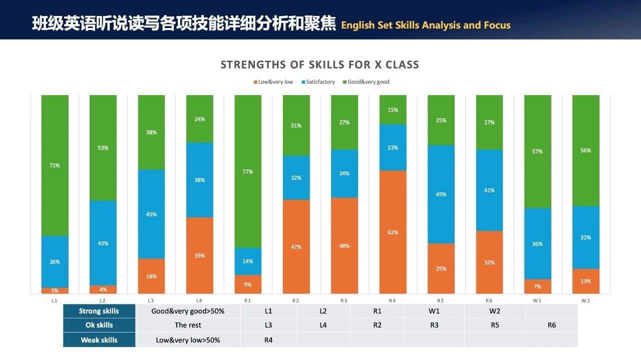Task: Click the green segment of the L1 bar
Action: coord(55,165)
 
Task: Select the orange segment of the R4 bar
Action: coord(393,232)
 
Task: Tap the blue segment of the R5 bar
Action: coord(441,194)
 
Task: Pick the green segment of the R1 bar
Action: coord(248,171)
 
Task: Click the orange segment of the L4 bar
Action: coord(199,255)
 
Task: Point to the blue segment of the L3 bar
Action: coord(151,214)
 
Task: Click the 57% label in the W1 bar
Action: coord(537,151)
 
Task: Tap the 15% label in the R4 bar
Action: coord(393,110)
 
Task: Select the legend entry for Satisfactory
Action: coord(318,82)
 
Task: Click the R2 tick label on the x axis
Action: coord(295,300)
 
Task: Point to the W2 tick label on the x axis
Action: coord(585,300)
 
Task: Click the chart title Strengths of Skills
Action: coord(319,65)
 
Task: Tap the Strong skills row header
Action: coord(99,311)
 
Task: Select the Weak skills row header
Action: coord(99,340)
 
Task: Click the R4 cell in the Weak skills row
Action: coord(268,340)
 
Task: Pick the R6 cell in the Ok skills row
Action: coord(551,325)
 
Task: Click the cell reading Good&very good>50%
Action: coord(188,311)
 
